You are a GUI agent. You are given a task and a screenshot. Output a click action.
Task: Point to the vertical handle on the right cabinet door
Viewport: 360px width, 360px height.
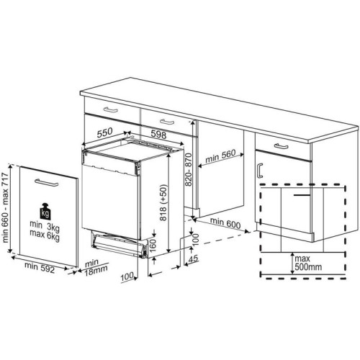click(258, 170)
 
